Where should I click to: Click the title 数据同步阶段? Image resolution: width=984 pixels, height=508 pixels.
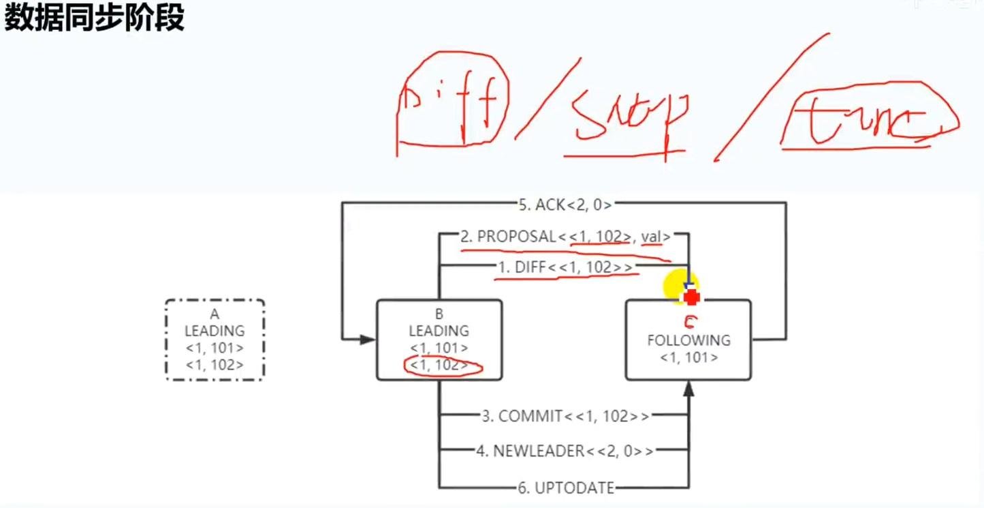coord(95,18)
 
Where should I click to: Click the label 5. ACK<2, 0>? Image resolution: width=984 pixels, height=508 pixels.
coord(565,204)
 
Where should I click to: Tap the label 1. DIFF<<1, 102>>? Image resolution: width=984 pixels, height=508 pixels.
coord(565,267)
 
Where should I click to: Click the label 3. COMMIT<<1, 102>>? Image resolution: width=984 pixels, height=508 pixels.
coord(565,416)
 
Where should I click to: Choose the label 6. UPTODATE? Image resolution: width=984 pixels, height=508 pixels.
coord(566,488)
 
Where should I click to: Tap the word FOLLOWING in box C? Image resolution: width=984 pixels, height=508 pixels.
coord(688,340)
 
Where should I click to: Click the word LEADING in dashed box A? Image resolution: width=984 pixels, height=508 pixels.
coord(215,331)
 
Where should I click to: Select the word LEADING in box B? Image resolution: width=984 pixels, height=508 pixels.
coord(439,331)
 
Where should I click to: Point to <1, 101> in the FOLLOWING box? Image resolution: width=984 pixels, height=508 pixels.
coord(688,357)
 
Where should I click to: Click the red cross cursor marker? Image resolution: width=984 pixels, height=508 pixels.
coord(692,297)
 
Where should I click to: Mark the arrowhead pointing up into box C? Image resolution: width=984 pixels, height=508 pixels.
coord(688,389)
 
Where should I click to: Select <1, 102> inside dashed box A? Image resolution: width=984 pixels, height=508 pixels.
coord(215,365)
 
